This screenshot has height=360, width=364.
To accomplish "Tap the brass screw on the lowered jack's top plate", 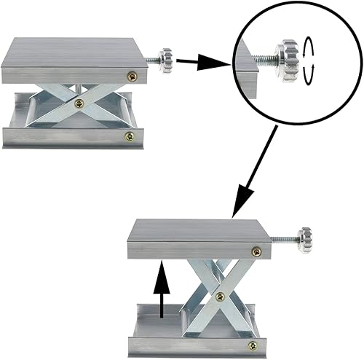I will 133,75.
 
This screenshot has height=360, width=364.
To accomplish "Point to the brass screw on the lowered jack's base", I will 129,136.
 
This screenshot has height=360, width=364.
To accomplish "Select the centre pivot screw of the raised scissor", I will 220,295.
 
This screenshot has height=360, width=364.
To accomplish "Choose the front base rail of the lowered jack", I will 73,137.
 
